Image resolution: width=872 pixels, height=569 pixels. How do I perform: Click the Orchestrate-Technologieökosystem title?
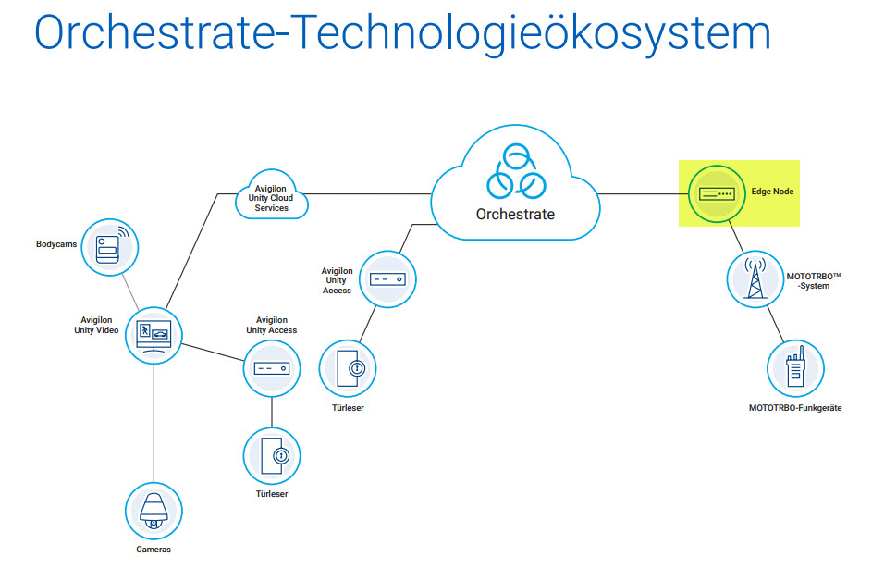pos(402,33)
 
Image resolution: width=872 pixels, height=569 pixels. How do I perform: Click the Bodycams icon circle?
pos(110,247)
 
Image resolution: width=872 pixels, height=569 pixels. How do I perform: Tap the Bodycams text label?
pos(56,244)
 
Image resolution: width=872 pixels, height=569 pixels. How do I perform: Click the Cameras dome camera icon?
pos(154,510)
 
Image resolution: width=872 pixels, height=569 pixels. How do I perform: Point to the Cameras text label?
pos(154,550)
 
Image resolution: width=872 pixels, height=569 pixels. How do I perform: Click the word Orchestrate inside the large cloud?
pos(515,214)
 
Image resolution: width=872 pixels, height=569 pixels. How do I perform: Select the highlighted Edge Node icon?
pos(716,193)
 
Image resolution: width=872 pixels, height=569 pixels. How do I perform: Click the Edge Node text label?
pos(772,192)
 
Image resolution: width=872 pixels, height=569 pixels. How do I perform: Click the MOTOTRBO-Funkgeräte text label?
pos(795,408)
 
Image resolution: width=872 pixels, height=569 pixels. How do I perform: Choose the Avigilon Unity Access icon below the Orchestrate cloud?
pos(387,278)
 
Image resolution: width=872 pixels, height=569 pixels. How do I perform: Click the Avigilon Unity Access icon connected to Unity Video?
pos(272,368)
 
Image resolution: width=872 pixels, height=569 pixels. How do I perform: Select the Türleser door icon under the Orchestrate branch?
pos(348,368)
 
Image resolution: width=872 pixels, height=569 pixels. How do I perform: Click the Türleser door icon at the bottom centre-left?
pos(272,456)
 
